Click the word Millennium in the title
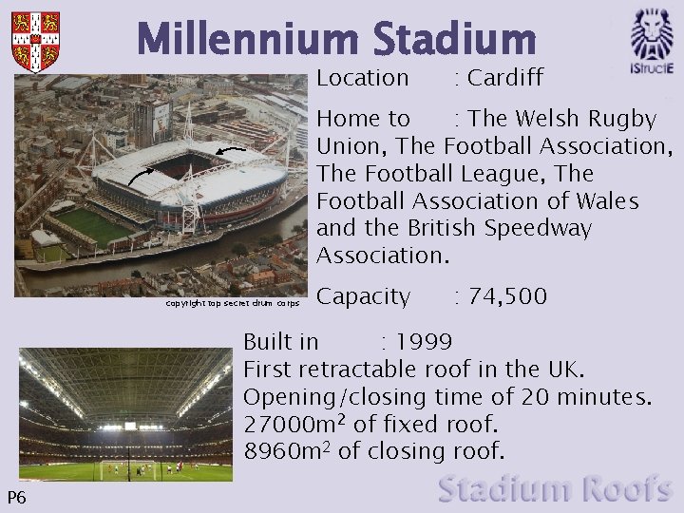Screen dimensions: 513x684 (x=250, y=40)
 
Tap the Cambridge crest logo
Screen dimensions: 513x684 (x=35, y=42)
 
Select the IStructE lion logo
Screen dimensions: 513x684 (x=652, y=42)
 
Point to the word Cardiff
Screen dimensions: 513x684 (x=504, y=78)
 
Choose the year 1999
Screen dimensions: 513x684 (x=424, y=341)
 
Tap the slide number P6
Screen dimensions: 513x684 (x=16, y=498)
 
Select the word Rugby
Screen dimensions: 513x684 (x=622, y=119)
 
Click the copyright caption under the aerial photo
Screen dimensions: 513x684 (x=233, y=304)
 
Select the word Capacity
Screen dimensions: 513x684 (x=363, y=296)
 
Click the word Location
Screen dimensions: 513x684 (x=362, y=78)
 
